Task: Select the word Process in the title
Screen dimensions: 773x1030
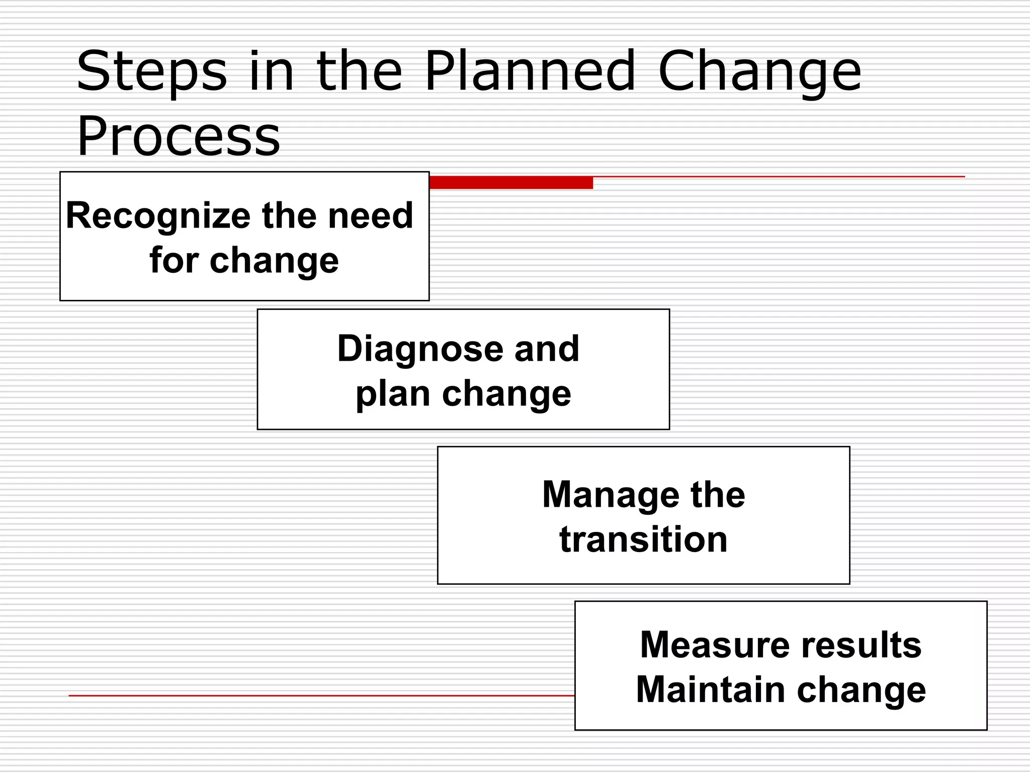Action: point(179,136)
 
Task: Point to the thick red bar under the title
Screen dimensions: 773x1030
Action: point(510,183)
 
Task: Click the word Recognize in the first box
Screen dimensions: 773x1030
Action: point(158,216)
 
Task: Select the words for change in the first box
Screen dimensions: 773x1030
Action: point(244,261)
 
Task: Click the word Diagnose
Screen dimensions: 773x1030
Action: point(420,349)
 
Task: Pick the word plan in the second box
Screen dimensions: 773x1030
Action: point(392,394)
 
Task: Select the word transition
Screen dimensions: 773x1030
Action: point(643,539)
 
